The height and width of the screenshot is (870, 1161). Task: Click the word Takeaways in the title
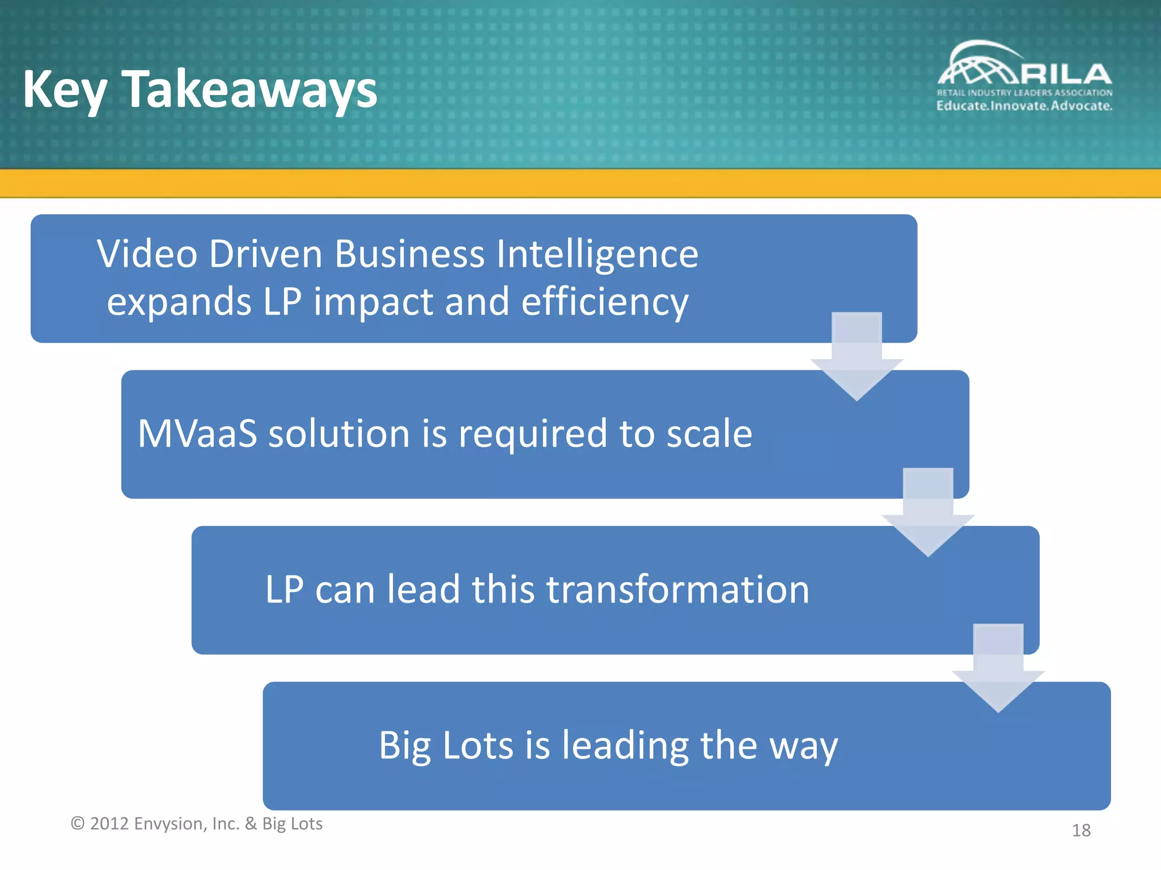(x=249, y=89)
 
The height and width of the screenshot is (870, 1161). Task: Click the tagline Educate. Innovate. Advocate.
(x=1024, y=106)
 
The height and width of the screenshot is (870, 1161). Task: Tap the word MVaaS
(x=197, y=434)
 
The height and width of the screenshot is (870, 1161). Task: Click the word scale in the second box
(x=709, y=434)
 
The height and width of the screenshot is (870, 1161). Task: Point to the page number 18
(x=1081, y=830)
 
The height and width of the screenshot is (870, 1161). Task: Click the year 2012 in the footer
(x=109, y=824)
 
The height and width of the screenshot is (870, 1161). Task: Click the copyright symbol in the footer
(x=77, y=824)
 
